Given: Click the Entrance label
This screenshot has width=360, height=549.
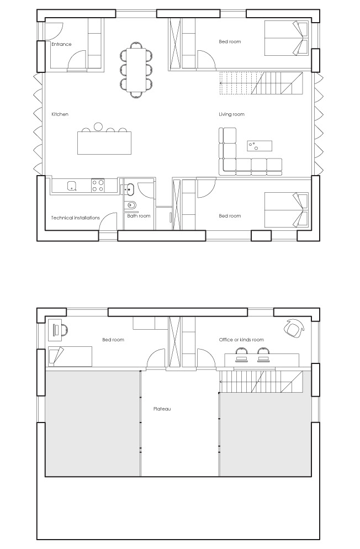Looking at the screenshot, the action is click(x=62, y=44).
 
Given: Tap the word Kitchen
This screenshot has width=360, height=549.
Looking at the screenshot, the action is click(x=60, y=114).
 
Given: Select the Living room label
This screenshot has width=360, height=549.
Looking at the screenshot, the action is click(x=231, y=114).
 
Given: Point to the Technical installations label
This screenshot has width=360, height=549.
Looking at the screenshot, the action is click(x=76, y=218).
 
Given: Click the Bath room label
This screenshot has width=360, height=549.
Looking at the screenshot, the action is click(x=139, y=215).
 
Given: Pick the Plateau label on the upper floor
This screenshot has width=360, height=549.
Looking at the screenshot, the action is click(x=162, y=409).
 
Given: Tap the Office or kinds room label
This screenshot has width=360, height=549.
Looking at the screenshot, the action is click(x=241, y=340).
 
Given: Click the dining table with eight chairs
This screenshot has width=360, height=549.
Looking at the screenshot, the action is click(x=136, y=70).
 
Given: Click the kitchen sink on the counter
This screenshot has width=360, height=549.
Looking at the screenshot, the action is click(x=72, y=186).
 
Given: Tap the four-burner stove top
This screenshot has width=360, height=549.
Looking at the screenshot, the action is click(x=98, y=185).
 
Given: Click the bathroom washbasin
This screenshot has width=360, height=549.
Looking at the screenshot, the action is click(x=129, y=189).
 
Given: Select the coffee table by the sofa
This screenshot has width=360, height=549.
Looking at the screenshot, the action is click(x=260, y=146).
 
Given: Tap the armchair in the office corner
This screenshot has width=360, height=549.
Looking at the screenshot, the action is click(x=293, y=328).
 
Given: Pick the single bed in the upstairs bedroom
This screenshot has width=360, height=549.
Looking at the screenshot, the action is click(x=70, y=356).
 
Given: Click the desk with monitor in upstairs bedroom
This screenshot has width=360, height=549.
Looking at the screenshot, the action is click(x=55, y=330).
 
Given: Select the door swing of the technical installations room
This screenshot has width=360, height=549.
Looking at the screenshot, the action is click(x=108, y=221).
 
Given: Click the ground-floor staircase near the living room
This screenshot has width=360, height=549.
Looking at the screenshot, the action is click(x=261, y=83).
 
